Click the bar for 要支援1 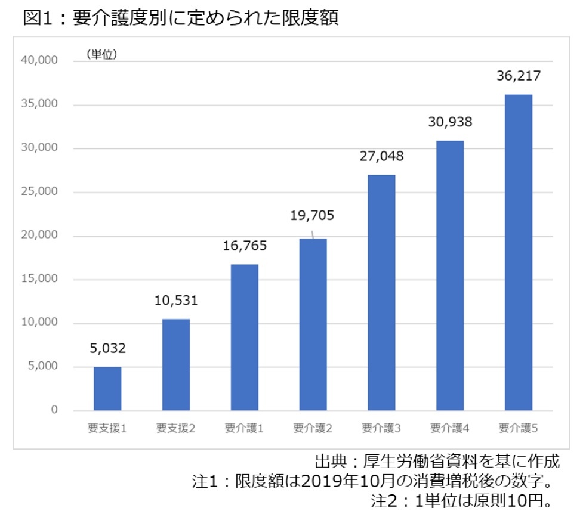(107, 388)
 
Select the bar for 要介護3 (381, 292)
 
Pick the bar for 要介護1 (245, 337)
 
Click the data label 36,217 (519, 77)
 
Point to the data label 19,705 (313, 215)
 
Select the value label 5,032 (107, 348)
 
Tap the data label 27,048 (381, 156)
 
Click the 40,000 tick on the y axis (40, 60)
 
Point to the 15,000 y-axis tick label (40, 278)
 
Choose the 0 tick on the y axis (54, 410)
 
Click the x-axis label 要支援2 (176, 428)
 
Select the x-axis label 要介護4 (450, 428)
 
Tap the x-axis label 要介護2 (313, 428)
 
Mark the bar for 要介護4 (450, 275)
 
